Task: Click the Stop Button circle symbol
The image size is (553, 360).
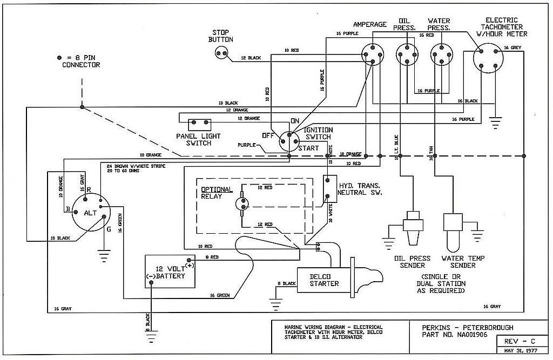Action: [x=221, y=53]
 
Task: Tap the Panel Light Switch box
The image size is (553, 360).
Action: [x=200, y=125]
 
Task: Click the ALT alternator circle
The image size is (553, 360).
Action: [x=91, y=213]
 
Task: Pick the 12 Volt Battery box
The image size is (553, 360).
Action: [x=170, y=271]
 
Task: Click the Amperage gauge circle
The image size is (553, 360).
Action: [x=373, y=55]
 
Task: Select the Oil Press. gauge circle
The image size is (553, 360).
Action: [x=407, y=55]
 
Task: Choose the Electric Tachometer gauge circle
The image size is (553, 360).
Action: [x=488, y=58]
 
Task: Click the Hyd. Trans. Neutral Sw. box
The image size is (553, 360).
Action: [x=330, y=189]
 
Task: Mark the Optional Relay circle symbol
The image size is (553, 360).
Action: [x=242, y=204]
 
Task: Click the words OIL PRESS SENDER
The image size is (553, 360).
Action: [x=412, y=262]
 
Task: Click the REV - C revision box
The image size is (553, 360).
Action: [x=520, y=341]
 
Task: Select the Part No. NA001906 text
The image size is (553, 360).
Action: [x=454, y=334]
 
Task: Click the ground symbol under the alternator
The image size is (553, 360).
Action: [x=104, y=257]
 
